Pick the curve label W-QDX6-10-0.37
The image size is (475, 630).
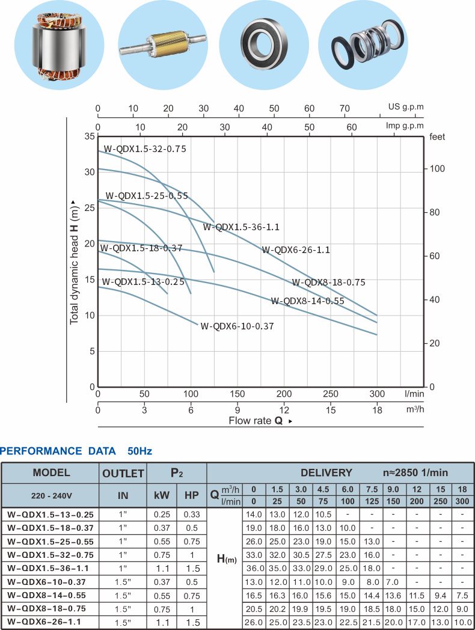pyautogui.click(x=237, y=326)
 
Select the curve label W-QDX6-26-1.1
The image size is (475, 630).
pyautogui.click(x=295, y=250)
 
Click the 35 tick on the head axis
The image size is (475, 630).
pyautogui.click(x=90, y=136)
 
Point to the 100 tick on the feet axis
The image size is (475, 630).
pyautogui.click(x=437, y=169)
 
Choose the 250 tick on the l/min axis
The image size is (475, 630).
pyautogui.click(x=331, y=394)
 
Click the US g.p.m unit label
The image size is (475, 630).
pyautogui.click(x=406, y=108)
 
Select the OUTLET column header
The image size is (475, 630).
pyautogui.click(x=123, y=473)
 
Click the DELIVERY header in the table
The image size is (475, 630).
pyautogui.click(x=326, y=472)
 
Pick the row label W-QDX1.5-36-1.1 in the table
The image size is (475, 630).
pyautogui.click(x=51, y=567)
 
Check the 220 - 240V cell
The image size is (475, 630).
pyautogui.click(x=51, y=497)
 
